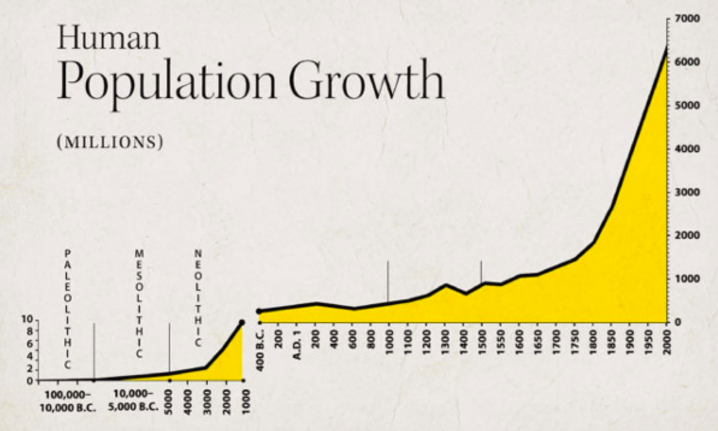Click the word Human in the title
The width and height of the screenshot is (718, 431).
pyautogui.click(x=109, y=39)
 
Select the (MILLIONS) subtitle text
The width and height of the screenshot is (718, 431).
pyautogui.click(x=110, y=143)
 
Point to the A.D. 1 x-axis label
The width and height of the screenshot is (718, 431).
pyautogui.click(x=297, y=344)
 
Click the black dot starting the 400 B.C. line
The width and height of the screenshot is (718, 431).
pyautogui.click(x=259, y=311)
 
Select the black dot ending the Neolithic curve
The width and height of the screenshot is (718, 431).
pyautogui.click(x=242, y=322)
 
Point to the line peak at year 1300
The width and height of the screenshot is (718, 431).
pyautogui.click(x=445, y=285)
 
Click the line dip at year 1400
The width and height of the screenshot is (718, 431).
pyautogui.click(x=465, y=294)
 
